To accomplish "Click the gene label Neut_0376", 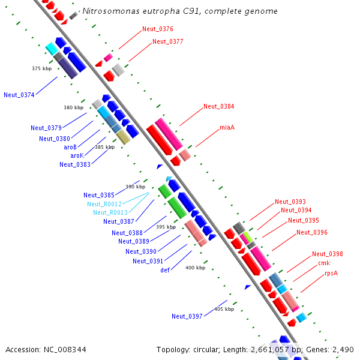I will (158, 29).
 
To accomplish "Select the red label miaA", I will (227, 128).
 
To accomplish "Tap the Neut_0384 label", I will (218, 106).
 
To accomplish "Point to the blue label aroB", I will (70, 147).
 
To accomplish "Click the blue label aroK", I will (77, 155).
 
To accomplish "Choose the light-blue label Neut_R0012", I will (104, 204).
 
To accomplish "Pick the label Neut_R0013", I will (110, 212).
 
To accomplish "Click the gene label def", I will (165, 270).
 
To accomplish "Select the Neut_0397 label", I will (187, 316).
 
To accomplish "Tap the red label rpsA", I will (331, 273).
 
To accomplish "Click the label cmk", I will (324, 263).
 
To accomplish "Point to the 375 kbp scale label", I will (41, 68).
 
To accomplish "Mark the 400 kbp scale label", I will (195, 268).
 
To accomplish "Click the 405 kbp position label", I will (224, 309).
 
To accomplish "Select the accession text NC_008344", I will (64, 349).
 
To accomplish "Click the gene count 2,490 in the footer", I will (342, 349).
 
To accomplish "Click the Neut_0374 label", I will (19, 95).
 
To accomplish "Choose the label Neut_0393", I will (290, 202).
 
